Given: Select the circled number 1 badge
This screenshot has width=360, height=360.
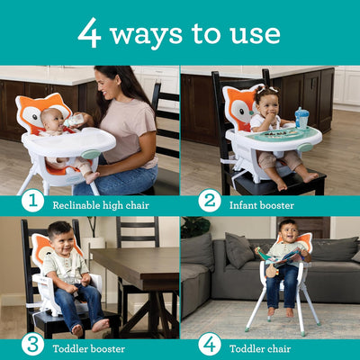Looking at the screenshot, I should tap(32, 201).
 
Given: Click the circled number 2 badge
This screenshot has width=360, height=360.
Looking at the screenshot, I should tap(210, 201).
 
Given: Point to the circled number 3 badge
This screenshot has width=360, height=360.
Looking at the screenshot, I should tap(32, 343).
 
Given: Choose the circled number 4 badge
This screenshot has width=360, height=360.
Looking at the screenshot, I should tap(210, 343).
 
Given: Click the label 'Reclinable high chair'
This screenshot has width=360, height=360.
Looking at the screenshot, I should tap(101, 204).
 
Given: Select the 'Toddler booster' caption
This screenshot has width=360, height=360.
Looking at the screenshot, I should tap(94, 344).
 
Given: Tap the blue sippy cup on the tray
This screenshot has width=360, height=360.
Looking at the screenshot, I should tap(302, 119).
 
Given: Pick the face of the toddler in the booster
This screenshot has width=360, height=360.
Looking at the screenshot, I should tap(62, 246).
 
